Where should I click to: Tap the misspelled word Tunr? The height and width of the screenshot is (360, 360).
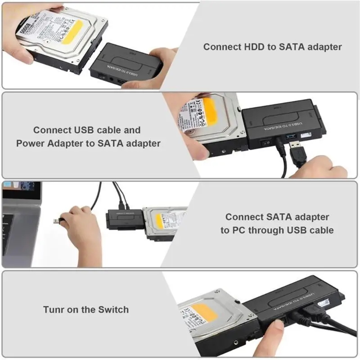coord(55,310)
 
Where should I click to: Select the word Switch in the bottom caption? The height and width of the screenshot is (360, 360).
coord(113,310)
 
